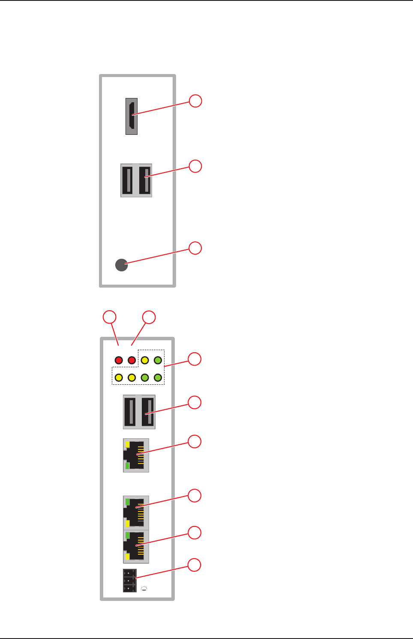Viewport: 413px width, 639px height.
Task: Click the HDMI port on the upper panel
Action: click(132, 116)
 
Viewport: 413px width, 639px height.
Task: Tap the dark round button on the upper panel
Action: click(122, 265)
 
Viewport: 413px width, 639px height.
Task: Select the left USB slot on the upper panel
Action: click(128, 180)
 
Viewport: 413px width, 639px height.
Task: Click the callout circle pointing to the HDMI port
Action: click(195, 101)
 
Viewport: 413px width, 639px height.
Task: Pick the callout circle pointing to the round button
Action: click(195, 248)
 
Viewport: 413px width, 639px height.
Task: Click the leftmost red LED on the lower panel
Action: click(119, 360)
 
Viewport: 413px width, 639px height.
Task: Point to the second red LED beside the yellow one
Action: click(132, 360)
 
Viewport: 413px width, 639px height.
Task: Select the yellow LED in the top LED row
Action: click(145, 360)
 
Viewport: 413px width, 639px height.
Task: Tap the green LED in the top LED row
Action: click(158, 360)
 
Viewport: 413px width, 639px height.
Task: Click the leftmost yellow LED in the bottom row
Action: click(119, 377)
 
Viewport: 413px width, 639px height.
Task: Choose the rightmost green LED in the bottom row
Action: click(158, 377)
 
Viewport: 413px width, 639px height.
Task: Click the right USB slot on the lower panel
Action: click(147, 412)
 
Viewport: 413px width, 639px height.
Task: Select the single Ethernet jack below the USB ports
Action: click(136, 455)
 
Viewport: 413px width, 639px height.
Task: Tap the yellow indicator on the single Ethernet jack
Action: click(127, 444)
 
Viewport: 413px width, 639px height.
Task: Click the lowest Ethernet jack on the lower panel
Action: click(136, 547)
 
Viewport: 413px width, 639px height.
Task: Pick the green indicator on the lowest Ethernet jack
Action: click(127, 535)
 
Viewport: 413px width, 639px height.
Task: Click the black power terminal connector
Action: click(129, 581)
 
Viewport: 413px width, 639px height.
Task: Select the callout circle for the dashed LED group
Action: click(195, 359)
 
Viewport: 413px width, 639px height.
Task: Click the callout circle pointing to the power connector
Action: click(195, 565)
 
